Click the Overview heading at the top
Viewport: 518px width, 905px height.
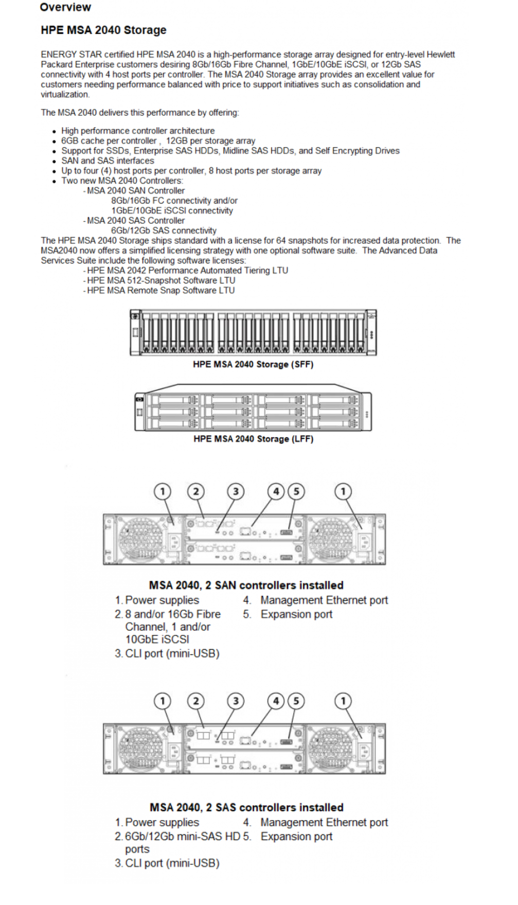pyautogui.click(x=65, y=7)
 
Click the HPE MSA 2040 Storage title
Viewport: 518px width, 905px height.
pyautogui.click(x=103, y=30)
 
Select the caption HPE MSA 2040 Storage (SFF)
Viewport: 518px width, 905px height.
pyautogui.click(x=253, y=364)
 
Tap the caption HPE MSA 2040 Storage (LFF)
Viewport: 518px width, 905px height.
pyautogui.click(x=253, y=439)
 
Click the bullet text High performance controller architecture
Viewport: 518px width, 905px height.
pyautogui.click(x=138, y=131)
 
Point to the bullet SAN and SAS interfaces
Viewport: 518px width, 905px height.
pyautogui.click(x=108, y=161)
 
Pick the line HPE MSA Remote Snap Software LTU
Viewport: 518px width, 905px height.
pyautogui.click(x=160, y=290)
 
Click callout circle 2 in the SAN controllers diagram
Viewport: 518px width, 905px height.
pyautogui.click(x=195, y=491)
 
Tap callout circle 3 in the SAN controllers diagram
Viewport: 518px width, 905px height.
pyautogui.click(x=236, y=491)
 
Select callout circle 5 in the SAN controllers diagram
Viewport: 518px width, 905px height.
pyautogui.click(x=296, y=491)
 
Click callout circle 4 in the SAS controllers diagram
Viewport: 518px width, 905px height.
pyautogui.click(x=276, y=701)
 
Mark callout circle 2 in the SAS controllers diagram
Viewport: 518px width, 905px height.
pyautogui.click(x=195, y=701)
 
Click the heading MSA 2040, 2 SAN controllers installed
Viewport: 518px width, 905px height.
pyautogui.click(x=246, y=585)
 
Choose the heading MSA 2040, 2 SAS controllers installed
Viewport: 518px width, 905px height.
pyautogui.click(x=246, y=807)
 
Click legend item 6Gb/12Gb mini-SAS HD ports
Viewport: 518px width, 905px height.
pyautogui.click(x=183, y=837)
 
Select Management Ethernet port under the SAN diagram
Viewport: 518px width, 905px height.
pyautogui.click(x=324, y=600)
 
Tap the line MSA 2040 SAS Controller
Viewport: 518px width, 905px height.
pyautogui.click(x=135, y=220)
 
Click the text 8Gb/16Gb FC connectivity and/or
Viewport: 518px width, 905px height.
pyautogui.click(x=174, y=201)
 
